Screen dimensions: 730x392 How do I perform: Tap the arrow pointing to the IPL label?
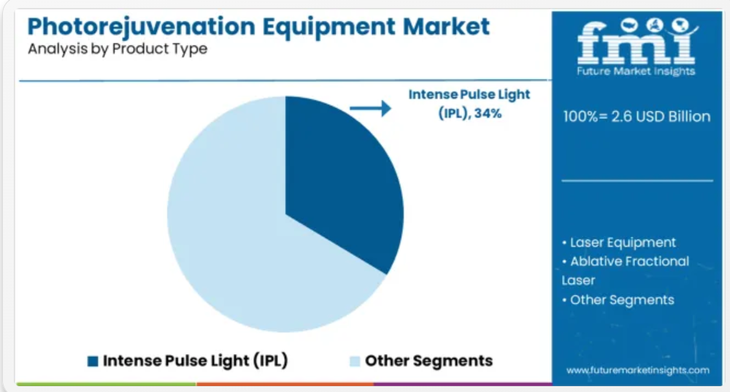click(370, 109)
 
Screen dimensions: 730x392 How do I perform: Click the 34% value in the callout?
click(488, 114)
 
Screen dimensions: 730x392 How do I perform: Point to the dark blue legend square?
click(93, 361)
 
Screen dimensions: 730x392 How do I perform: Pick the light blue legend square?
click(355, 361)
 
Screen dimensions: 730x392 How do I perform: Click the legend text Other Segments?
click(429, 361)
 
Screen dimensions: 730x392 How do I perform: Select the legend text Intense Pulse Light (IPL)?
click(195, 361)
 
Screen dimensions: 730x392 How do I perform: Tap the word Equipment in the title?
click(329, 27)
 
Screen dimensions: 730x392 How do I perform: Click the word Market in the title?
click(446, 26)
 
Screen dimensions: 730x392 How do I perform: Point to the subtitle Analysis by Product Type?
click(118, 49)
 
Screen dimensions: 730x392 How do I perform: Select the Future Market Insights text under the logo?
click(636, 72)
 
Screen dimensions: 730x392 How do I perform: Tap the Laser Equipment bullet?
click(619, 242)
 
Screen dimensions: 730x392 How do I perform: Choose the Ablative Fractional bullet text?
click(626, 261)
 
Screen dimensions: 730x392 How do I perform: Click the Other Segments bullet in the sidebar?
click(618, 300)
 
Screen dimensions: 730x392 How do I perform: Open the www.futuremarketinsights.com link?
click(638, 371)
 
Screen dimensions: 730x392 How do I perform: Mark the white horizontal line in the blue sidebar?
click(637, 180)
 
